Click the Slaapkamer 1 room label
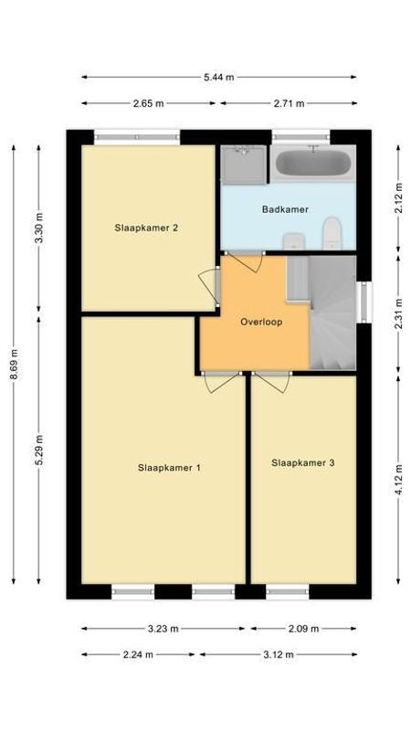tap(169, 468)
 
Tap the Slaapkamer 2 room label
tap(146, 228)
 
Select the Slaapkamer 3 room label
tap(302, 463)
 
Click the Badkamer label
tap(285, 209)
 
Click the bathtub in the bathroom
tap(312, 164)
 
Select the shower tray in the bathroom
tap(241, 164)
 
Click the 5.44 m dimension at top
tap(218, 78)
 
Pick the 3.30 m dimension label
tap(38, 228)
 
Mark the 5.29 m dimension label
tap(38, 449)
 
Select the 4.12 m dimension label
tap(398, 478)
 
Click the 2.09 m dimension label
tap(302, 629)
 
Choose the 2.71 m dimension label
tap(288, 103)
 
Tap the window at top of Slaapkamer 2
tap(137, 136)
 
